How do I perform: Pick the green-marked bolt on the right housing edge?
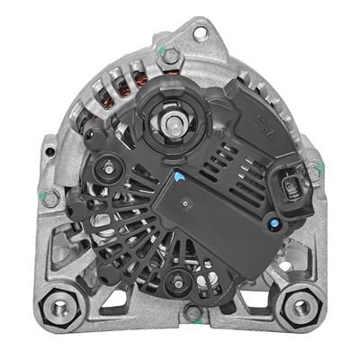pos(312,169)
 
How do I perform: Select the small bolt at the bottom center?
pos(192,312)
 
